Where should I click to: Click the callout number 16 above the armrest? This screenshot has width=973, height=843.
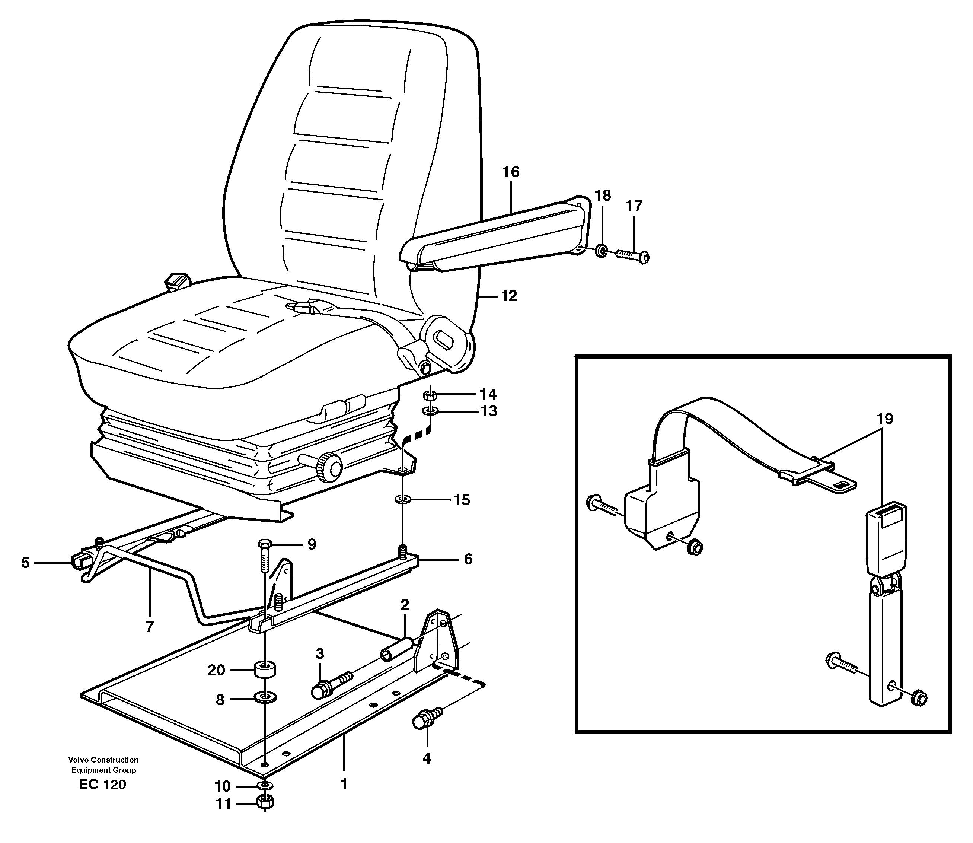[x=510, y=172]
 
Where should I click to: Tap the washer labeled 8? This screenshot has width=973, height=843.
[x=265, y=697]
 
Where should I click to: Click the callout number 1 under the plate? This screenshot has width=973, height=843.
[x=344, y=784]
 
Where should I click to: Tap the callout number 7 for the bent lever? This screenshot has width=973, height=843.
[x=150, y=627]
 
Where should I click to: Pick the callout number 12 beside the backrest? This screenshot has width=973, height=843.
[x=508, y=296]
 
